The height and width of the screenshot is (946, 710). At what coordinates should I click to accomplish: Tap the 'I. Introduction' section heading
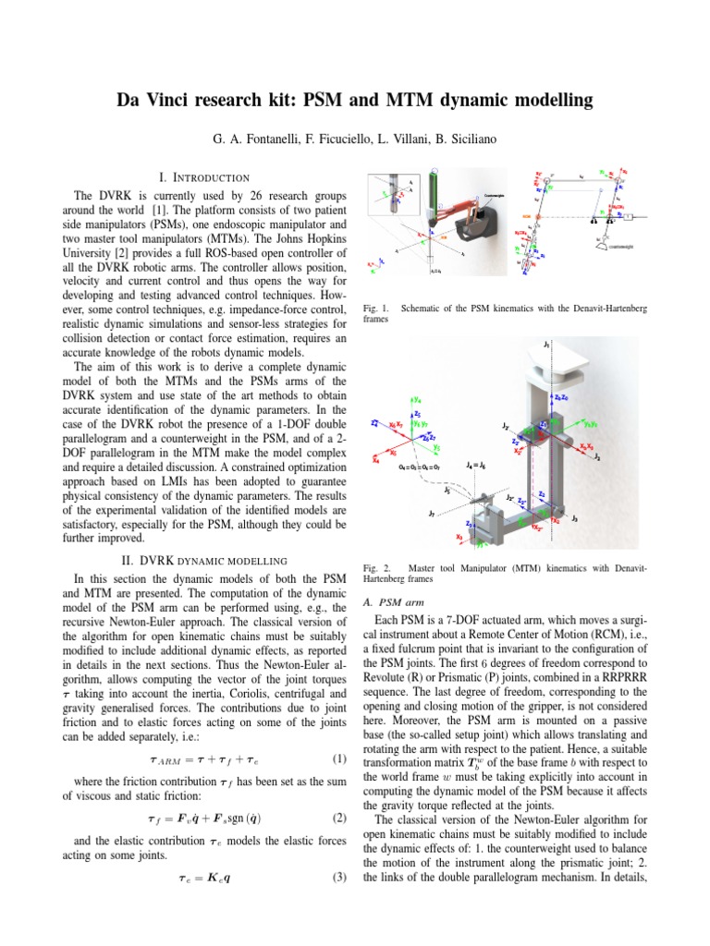[x=204, y=176]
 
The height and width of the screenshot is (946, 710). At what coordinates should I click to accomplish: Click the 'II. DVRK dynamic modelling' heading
[x=204, y=560]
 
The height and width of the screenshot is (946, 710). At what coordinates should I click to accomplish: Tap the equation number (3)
[x=337, y=903]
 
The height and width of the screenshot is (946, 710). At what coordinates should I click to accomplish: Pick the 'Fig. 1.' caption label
[x=377, y=304]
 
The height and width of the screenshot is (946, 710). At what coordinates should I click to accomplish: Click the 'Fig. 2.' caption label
[x=377, y=564]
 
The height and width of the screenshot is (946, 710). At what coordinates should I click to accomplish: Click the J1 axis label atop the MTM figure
[x=547, y=345]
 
